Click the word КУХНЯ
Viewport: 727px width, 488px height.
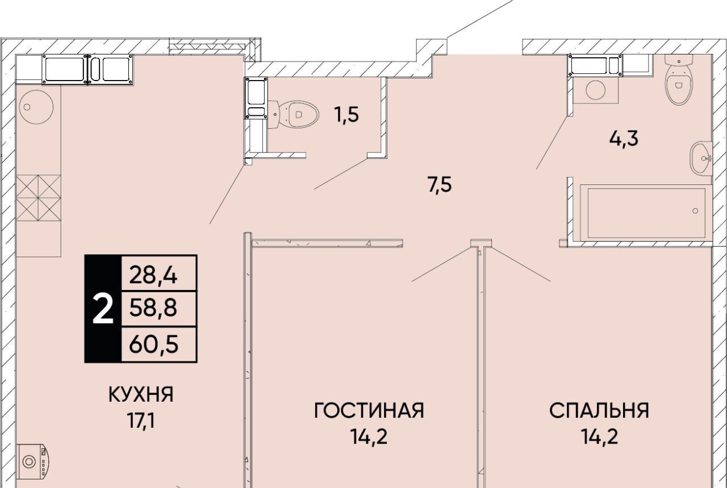pyautogui.click(x=141, y=394)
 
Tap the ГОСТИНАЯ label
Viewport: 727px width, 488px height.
pyautogui.click(x=369, y=410)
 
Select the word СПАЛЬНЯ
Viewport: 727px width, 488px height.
pyautogui.click(x=599, y=410)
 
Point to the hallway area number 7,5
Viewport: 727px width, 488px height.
pyautogui.click(x=440, y=186)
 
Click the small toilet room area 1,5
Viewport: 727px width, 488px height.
pyautogui.click(x=346, y=115)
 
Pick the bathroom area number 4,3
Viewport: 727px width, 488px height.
pyautogui.click(x=624, y=139)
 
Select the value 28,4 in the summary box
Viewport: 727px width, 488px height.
pyautogui.click(x=153, y=276)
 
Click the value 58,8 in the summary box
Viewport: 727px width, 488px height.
pyautogui.click(x=153, y=308)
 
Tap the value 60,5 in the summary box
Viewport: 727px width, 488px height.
pyautogui.click(x=154, y=344)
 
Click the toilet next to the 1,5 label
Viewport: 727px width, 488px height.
pyautogui.click(x=294, y=114)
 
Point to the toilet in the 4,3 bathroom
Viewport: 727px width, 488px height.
pyautogui.click(x=678, y=80)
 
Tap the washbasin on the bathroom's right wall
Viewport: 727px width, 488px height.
pyautogui.click(x=701, y=158)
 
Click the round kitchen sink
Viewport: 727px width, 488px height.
pyautogui.click(x=36, y=107)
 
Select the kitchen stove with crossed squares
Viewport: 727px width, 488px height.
pyautogui.click(x=39, y=198)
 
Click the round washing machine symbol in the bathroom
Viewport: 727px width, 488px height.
pyautogui.click(x=596, y=90)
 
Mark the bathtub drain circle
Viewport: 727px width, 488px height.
pyautogui.click(x=695, y=211)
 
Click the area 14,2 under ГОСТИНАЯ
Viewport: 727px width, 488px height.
pyautogui.click(x=369, y=436)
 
